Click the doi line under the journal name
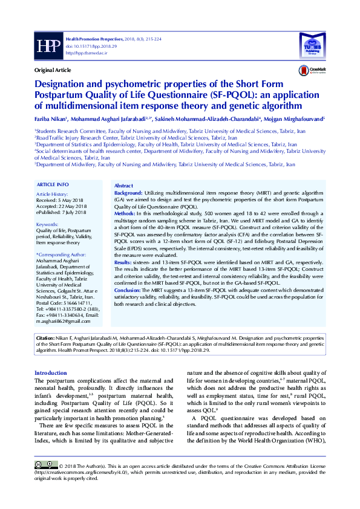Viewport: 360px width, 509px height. click(x=83, y=45)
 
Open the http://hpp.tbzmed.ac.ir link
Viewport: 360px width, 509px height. click(x=86, y=53)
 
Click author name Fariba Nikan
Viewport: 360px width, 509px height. click(x=51, y=120)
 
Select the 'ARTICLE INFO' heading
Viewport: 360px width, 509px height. click(x=53, y=184)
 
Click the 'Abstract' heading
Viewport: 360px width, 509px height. click(x=123, y=186)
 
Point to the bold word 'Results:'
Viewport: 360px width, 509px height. click(x=123, y=263)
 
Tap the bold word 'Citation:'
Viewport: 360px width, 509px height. click(x=46, y=339)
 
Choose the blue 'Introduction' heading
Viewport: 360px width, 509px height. click(x=51, y=373)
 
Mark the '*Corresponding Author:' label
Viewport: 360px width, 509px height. click(x=62, y=254)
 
